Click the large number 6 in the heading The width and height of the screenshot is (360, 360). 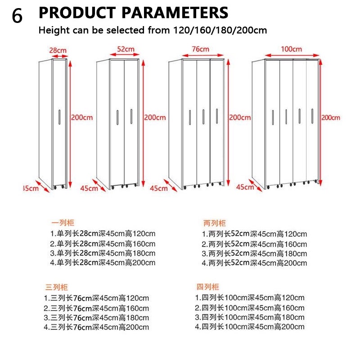point(17,16)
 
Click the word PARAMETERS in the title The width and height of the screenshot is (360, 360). point(175,13)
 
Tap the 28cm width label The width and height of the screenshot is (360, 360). point(58,50)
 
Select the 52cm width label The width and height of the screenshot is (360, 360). point(126,49)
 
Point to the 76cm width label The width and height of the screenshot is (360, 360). point(200,49)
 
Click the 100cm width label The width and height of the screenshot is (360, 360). point(291,49)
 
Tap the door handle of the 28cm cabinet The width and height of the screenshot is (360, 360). point(59,117)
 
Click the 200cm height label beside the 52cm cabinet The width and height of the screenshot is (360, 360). point(155,117)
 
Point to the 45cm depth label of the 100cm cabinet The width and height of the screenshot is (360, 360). point(245,187)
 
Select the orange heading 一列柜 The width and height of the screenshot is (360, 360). point(63,223)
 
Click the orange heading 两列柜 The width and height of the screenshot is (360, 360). point(215,223)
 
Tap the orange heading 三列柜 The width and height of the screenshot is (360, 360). point(57,287)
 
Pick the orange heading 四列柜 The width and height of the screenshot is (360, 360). point(207,287)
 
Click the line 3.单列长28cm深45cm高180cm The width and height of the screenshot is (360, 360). point(103,253)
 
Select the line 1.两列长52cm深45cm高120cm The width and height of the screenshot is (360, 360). point(254,234)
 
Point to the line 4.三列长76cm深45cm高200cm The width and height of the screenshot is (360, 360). point(96,327)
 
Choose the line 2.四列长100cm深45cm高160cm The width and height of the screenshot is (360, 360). point(250,308)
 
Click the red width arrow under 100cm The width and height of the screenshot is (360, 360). point(292,55)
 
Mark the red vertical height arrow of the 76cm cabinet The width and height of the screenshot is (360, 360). point(228,122)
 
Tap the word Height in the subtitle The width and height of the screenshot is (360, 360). point(54,30)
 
